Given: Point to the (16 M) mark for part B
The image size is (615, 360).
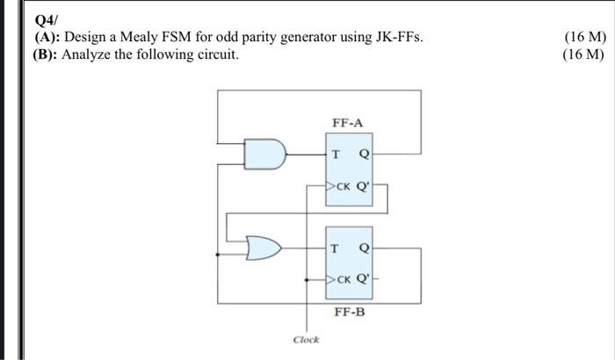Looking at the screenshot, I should pyautogui.click(x=582, y=54).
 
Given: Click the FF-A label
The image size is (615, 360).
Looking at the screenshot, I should pyautogui.click(x=347, y=122).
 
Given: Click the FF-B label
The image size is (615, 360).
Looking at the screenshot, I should pyautogui.click(x=348, y=311).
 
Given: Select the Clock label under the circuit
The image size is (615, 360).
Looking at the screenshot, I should pyautogui.click(x=306, y=339).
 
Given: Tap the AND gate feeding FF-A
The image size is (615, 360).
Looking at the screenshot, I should pyautogui.click(x=267, y=155).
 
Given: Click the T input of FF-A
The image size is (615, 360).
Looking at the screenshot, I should pyautogui.click(x=336, y=155).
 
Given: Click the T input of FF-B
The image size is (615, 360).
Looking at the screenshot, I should pyautogui.click(x=336, y=248).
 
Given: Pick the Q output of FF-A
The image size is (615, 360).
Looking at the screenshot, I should pyautogui.click(x=365, y=155).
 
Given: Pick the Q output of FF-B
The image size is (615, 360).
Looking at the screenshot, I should pyautogui.click(x=365, y=248).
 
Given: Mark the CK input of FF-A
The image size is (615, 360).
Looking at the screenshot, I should pyautogui.click(x=342, y=186).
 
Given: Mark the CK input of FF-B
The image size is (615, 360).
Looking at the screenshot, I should pyautogui.click(x=342, y=280).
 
